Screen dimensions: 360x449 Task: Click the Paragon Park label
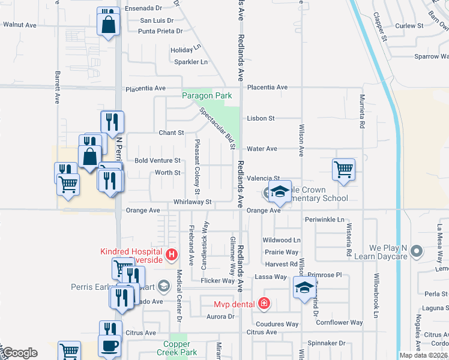click(x=207, y=95)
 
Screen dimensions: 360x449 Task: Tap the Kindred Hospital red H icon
click(x=172, y=254)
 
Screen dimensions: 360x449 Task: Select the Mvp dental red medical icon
click(x=263, y=304)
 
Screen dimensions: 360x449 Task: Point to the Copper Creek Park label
click(x=178, y=349)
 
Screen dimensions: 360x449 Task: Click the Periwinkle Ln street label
click(x=325, y=220)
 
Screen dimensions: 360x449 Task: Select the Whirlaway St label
click(x=193, y=203)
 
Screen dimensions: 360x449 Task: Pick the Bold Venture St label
click(x=157, y=161)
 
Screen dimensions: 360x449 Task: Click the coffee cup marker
click(x=109, y=346)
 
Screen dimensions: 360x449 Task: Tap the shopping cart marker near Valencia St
click(x=343, y=169)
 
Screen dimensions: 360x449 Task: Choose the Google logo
click(x=19, y=353)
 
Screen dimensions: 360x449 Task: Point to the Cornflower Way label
click(x=340, y=323)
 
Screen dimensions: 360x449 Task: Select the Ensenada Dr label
click(x=143, y=9)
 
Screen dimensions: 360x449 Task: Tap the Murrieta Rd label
click(x=362, y=112)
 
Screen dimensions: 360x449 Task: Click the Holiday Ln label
click(x=185, y=50)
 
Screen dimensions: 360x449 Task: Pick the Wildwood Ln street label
click(x=282, y=240)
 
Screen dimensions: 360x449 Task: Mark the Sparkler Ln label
click(x=190, y=62)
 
